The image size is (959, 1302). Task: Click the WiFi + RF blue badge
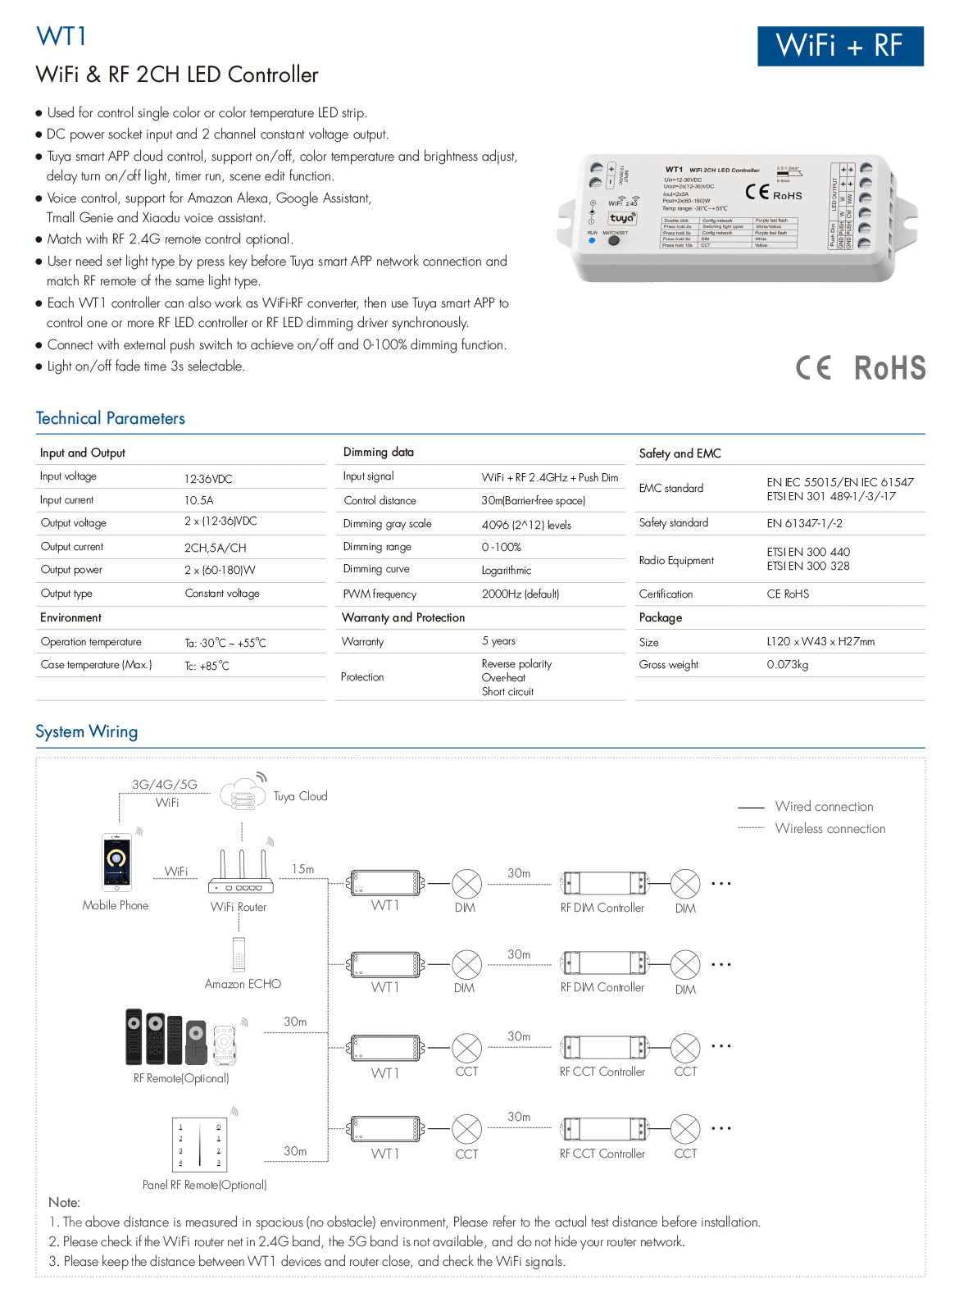(x=840, y=46)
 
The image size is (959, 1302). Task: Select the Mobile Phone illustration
(x=116, y=863)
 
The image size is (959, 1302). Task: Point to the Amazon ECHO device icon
(x=239, y=954)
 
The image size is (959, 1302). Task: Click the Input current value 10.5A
(x=199, y=500)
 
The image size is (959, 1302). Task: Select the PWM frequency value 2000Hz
(x=520, y=594)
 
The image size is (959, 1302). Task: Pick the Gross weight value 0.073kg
(x=788, y=665)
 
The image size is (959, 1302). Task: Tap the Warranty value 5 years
(x=498, y=641)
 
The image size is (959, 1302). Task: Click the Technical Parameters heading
(x=111, y=418)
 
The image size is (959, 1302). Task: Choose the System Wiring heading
(x=87, y=731)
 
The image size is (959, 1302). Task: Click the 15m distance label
(x=302, y=869)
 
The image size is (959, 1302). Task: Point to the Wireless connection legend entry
(x=830, y=829)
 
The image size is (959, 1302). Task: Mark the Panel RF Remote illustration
(x=200, y=1144)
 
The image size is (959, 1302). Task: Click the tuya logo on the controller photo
(x=621, y=218)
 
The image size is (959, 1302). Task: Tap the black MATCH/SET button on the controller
(x=613, y=241)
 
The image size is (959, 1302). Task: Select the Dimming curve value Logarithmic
(x=507, y=571)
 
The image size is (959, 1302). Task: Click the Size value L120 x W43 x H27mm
(x=820, y=642)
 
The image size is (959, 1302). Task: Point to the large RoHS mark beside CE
(x=890, y=368)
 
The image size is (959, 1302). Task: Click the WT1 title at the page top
(x=61, y=37)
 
